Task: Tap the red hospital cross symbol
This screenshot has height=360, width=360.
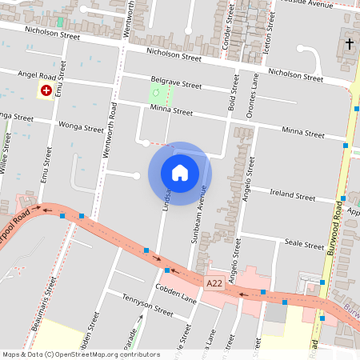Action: tap(46, 91)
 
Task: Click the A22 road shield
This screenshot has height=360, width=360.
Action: tap(214, 283)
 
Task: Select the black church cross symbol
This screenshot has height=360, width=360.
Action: tap(350, 43)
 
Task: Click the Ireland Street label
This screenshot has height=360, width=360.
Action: tap(293, 194)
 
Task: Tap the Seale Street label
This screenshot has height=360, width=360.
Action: tap(303, 244)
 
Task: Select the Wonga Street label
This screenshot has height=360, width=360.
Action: tap(82, 126)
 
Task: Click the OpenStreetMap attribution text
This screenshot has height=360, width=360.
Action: tap(80, 354)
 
